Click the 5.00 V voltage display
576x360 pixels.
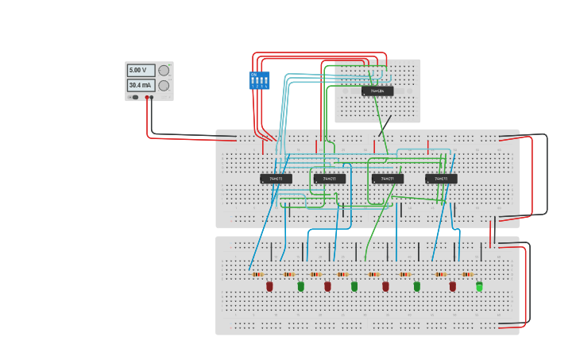[x=141, y=71]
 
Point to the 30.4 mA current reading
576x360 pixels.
[x=141, y=85]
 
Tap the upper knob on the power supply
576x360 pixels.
[x=164, y=70]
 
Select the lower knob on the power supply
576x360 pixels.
[x=164, y=85]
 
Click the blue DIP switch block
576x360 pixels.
[x=259, y=80]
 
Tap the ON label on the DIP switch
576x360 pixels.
[x=253, y=74]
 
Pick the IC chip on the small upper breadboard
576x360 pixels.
[x=377, y=91]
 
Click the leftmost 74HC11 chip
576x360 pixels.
[x=276, y=179]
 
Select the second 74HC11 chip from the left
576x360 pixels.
[x=329, y=179]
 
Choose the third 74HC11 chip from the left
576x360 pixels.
[x=388, y=179]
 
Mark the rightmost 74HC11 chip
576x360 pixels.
[x=441, y=179]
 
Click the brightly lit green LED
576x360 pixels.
[x=479, y=286]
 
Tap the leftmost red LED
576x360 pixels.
[x=269, y=286]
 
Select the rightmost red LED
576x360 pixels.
[x=453, y=286]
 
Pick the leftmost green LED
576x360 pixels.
[x=300, y=286]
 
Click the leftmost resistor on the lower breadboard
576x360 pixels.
[x=257, y=274]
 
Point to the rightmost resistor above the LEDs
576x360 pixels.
[x=467, y=274]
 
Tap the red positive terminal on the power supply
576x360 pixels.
[x=147, y=97]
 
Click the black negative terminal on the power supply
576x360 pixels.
[x=152, y=97]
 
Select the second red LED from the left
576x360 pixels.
[x=327, y=286]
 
